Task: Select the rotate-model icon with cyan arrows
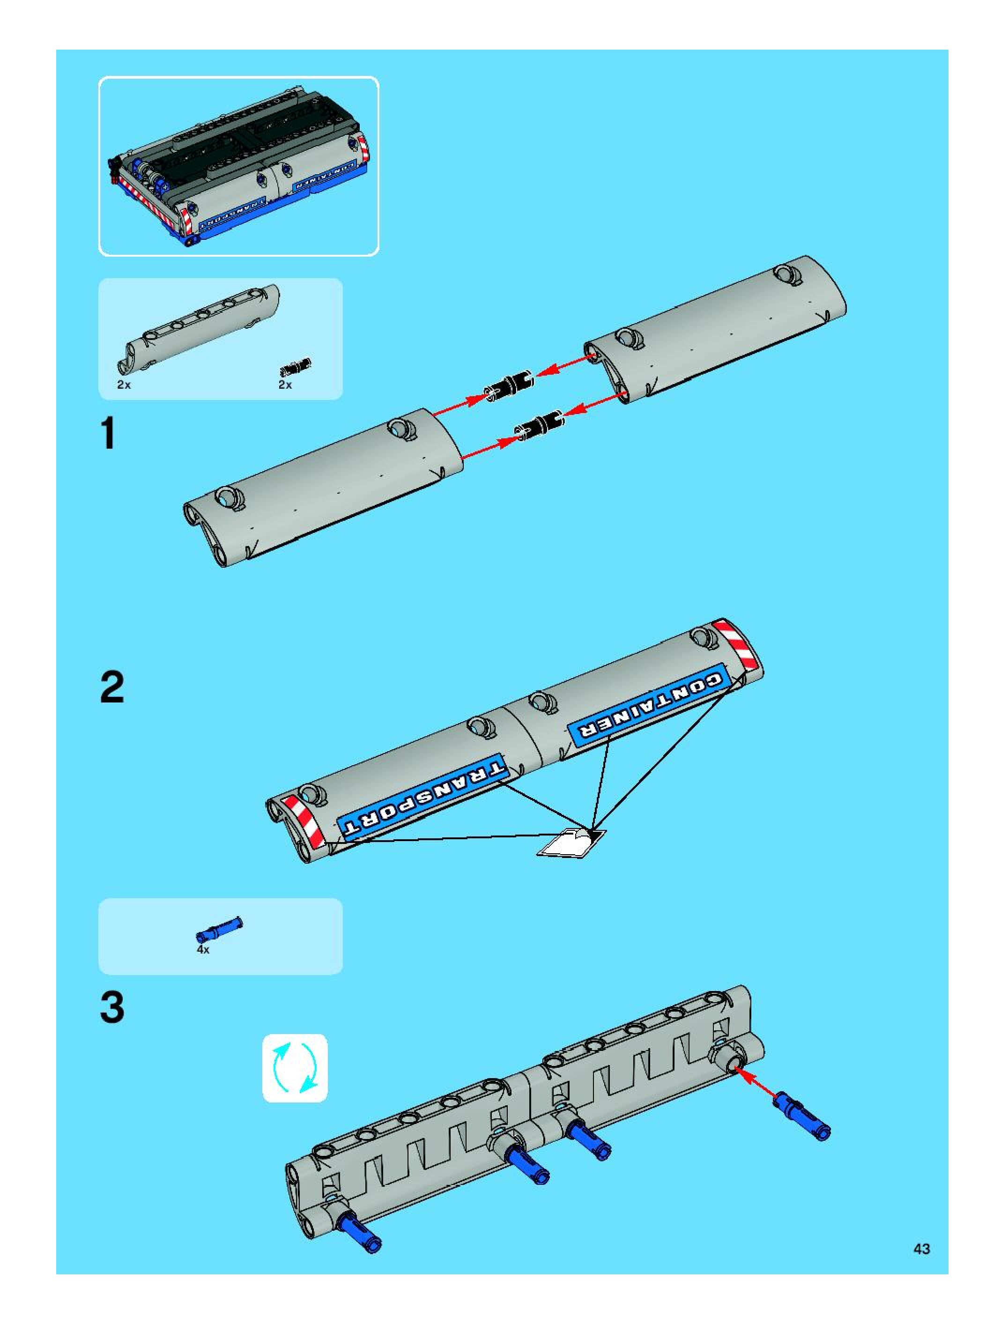click(x=295, y=1068)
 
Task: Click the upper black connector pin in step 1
click(x=510, y=383)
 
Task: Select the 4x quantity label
click(x=203, y=949)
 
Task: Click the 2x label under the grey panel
click(x=124, y=385)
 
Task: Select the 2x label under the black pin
click(x=285, y=385)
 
